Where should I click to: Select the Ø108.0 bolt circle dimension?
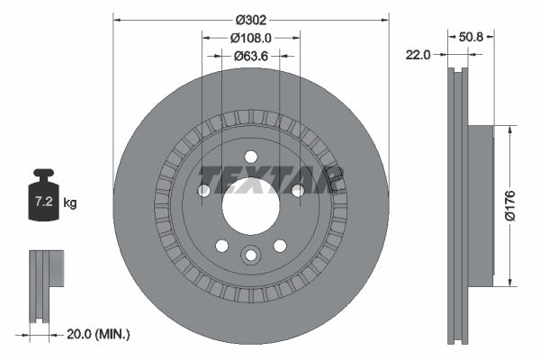tap(250, 38)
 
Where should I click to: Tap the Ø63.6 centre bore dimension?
tap(250, 56)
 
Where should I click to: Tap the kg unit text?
tap(71, 203)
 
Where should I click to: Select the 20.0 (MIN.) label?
tap(99, 334)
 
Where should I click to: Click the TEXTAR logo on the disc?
tap(270, 179)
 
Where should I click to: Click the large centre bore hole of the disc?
tap(250, 201)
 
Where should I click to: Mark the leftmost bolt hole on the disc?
tap(203, 190)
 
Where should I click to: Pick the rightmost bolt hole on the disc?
tap(297, 190)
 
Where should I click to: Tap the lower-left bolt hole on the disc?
tap(221, 246)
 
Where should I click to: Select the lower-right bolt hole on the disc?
tap(280, 246)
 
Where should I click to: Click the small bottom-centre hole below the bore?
tap(250, 256)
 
